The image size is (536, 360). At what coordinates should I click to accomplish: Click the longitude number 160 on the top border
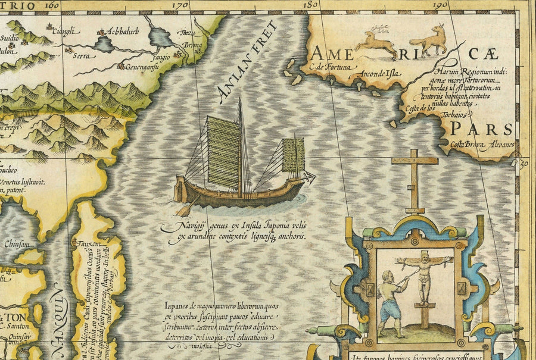pos(52,5)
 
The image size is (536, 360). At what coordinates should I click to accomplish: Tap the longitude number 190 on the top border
pos(442,5)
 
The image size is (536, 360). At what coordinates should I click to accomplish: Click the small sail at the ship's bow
pos(293,155)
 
